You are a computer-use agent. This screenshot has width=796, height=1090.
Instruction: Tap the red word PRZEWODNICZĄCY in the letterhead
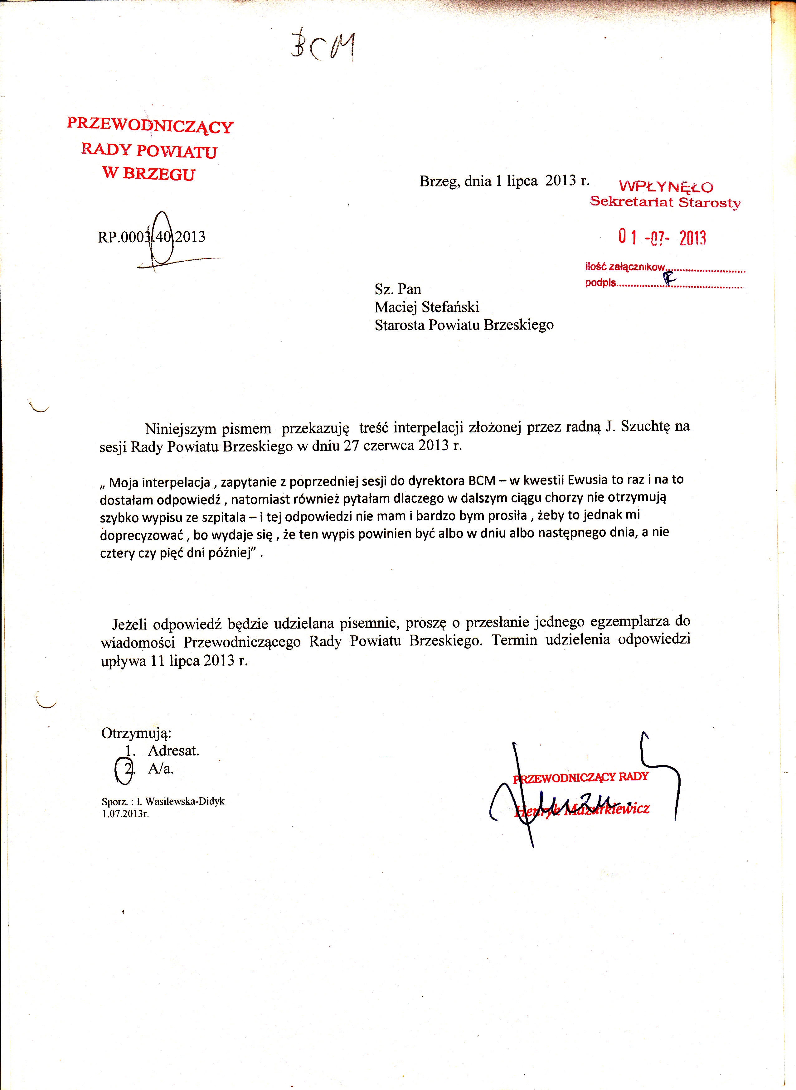150,125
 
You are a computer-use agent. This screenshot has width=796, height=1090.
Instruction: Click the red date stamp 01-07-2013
662,238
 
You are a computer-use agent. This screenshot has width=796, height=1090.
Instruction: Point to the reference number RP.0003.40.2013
151,237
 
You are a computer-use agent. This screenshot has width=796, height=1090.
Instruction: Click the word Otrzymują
136,733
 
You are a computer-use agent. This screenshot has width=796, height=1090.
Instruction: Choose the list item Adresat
173,751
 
